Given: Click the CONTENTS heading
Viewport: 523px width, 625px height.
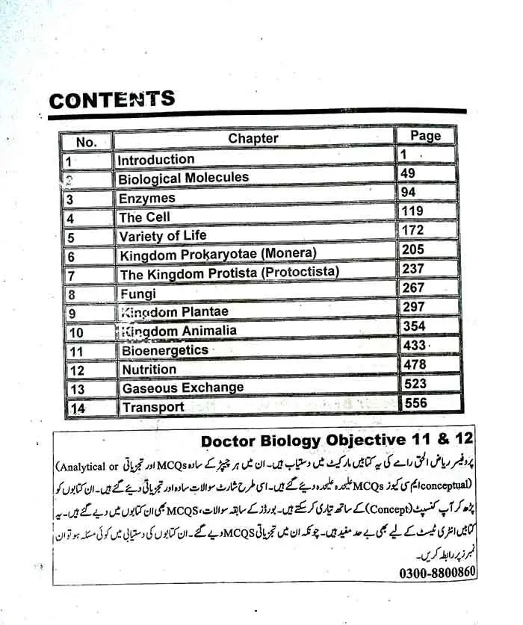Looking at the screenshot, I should point(112,100).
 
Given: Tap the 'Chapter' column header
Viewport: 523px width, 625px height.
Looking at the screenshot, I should point(253,138).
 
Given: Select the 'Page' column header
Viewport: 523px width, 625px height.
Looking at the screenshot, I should point(425,136).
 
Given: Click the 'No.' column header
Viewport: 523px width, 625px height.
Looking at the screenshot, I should point(87,142).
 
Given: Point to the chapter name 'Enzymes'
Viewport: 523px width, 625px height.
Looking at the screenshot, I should point(146,199).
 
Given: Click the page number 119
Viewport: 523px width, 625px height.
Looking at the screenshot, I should point(412,211).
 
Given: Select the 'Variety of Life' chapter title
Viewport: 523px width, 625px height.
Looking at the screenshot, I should point(163,236).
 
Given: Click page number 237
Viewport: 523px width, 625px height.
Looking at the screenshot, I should point(413,269).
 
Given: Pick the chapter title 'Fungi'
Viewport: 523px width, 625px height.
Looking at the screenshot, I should point(138,293).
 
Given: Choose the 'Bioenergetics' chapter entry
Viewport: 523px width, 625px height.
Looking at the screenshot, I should point(165,350).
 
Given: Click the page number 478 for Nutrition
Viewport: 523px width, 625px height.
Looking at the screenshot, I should point(414,364).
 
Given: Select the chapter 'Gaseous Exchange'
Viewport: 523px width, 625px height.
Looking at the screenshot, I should point(183,388).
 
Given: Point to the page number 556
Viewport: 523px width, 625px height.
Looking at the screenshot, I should point(415,402).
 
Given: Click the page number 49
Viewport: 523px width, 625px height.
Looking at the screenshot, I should point(408,173).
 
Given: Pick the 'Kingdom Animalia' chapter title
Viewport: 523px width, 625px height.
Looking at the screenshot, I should point(179,331).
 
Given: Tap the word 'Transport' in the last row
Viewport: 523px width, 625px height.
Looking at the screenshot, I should point(153,408).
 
